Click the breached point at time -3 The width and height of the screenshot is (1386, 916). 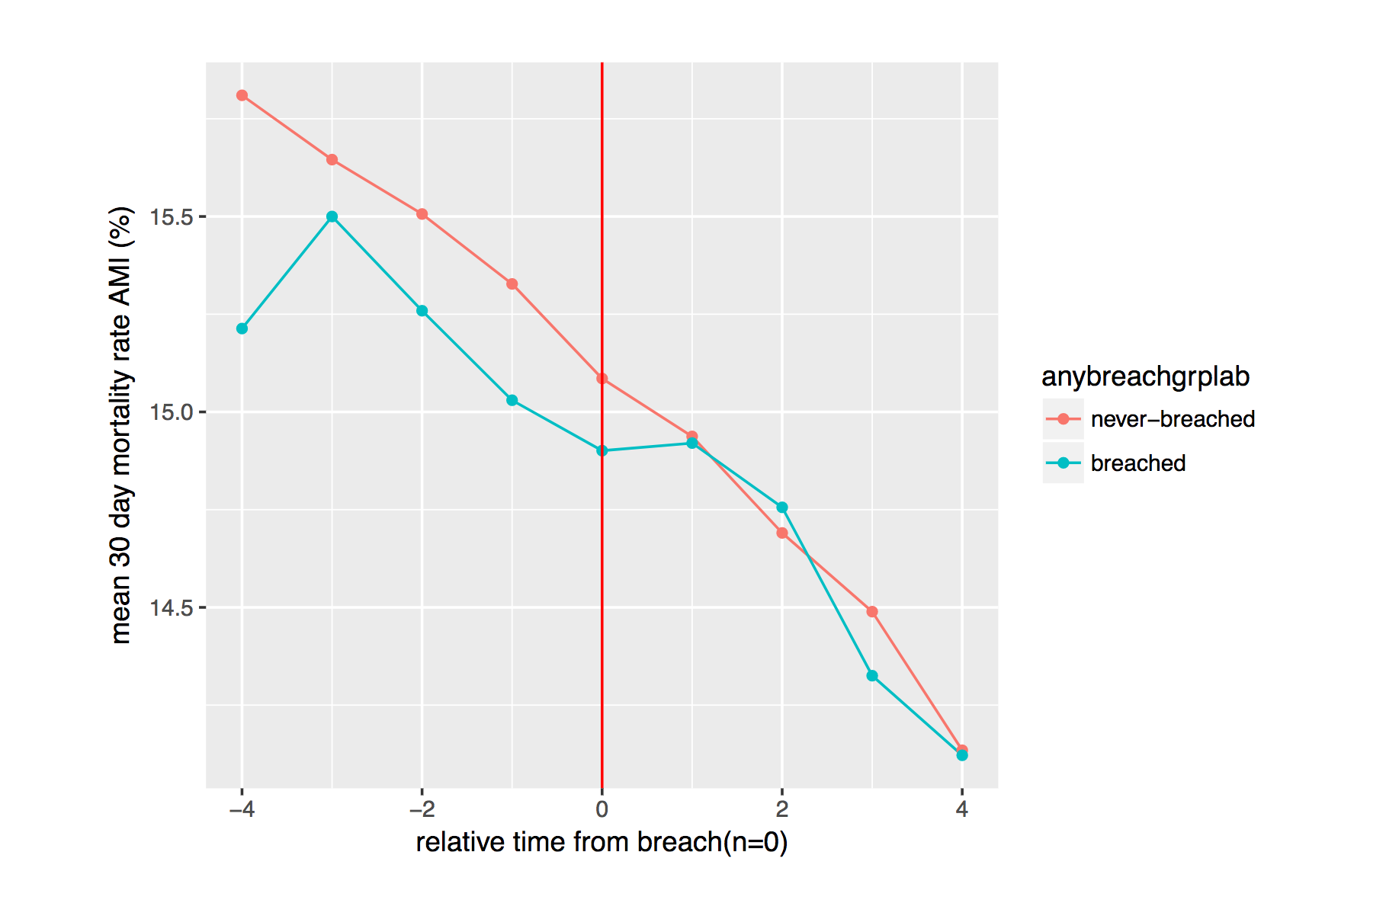point(332,216)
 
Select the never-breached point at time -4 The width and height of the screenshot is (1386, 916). point(242,95)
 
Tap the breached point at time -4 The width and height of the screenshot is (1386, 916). point(242,328)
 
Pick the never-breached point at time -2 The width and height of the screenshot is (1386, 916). point(422,214)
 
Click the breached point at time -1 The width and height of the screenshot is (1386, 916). point(512,400)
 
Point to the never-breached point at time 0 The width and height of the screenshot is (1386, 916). point(602,378)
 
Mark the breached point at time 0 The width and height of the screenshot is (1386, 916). point(602,450)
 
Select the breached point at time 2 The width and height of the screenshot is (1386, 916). point(782,508)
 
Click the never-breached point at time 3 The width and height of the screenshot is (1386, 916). point(872,611)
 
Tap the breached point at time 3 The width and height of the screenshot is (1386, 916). point(872,675)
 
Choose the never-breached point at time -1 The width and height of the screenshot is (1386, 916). point(512,283)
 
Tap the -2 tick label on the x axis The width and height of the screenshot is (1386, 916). point(422,809)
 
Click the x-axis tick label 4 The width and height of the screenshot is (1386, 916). point(962,809)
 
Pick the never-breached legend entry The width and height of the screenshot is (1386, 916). point(1173,419)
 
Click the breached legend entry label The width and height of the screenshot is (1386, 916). point(1137,463)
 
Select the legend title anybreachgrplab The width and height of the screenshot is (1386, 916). point(1145,376)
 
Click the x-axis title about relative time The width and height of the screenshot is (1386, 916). point(602,842)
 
